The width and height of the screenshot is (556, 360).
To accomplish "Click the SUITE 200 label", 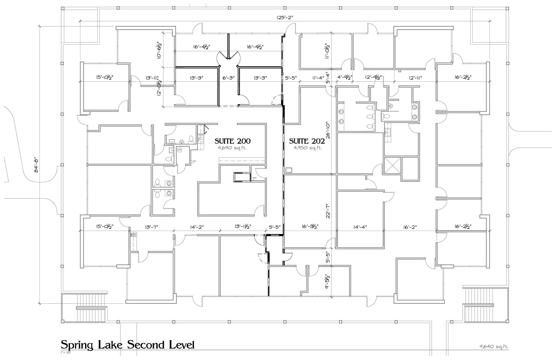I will (232, 141).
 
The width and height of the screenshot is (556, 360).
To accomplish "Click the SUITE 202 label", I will (307, 141).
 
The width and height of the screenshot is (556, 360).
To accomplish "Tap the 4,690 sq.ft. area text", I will (232, 148).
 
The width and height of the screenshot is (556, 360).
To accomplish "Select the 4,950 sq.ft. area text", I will (308, 148).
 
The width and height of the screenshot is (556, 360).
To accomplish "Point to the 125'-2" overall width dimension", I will (285, 18).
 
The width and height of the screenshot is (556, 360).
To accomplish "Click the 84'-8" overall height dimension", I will (36, 165).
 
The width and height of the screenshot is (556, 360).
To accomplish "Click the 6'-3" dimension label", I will (229, 78).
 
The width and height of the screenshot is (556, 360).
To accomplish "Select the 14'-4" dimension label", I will (360, 227).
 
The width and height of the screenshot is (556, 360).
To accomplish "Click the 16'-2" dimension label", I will (410, 227).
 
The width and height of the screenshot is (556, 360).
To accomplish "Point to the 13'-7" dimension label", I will (152, 227).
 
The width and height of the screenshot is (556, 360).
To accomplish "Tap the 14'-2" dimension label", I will (197, 227).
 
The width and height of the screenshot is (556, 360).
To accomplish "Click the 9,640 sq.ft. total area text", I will (493, 347).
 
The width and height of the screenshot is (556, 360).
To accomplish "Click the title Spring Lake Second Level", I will (128, 345).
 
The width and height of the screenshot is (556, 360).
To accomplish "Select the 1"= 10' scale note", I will (66, 352).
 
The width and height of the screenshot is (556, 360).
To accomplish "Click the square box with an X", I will (392, 166).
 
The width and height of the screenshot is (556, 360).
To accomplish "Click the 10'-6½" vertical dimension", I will (159, 50).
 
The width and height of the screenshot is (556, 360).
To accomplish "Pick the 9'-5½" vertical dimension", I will (328, 281).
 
